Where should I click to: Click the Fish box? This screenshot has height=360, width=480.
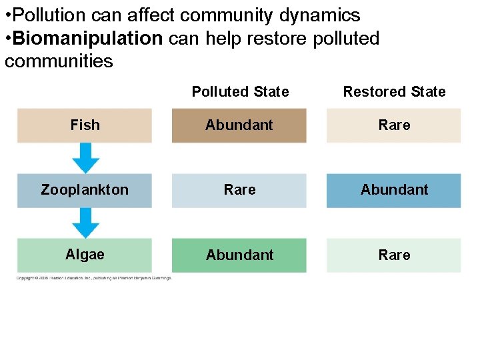click(x=85, y=125)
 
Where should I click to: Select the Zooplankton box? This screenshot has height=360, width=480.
click(x=85, y=190)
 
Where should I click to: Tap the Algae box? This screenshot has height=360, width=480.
click(x=85, y=255)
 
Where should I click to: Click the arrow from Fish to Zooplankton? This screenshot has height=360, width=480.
click(x=85, y=158)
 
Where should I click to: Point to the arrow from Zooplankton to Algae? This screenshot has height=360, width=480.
click(x=85, y=223)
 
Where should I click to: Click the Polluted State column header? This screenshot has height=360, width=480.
click(x=240, y=92)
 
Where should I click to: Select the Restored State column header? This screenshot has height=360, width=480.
click(x=394, y=92)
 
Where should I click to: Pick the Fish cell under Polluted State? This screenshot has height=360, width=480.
click(x=239, y=125)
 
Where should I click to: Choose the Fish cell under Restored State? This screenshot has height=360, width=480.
click(x=394, y=125)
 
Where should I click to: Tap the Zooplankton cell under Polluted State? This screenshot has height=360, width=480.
click(x=239, y=190)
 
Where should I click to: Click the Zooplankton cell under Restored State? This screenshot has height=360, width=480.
click(x=394, y=190)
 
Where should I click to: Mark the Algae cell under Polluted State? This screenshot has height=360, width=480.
click(x=239, y=255)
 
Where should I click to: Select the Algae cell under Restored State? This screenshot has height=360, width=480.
click(x=394, y=255)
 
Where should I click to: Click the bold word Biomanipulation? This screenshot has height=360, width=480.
click(x=87, y=39)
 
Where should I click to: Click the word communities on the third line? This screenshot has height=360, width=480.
click(x=59, y=62)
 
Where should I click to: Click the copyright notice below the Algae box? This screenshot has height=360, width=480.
click(x=94, y=278)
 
